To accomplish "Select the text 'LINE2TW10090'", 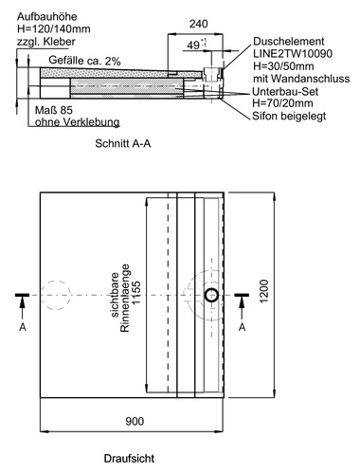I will [293, 56].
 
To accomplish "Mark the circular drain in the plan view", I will [211, 297].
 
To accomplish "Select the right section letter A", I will [243, 326].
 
